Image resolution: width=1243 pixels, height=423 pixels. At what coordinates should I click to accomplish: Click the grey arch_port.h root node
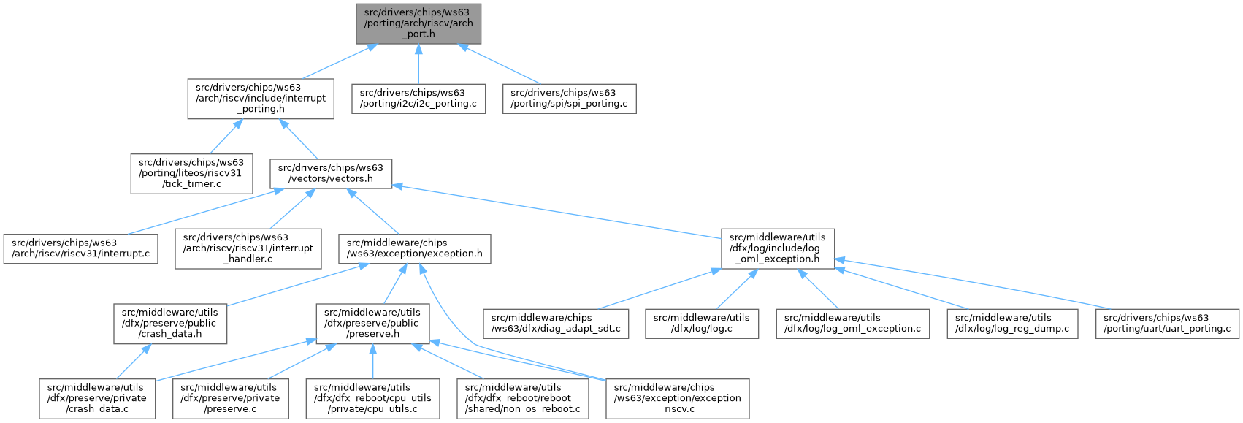tap(418, 23)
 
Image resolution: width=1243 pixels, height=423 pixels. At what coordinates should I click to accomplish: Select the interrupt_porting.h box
tap(261, 99)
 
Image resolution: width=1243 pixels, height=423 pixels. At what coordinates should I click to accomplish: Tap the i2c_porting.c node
tap(418, 99)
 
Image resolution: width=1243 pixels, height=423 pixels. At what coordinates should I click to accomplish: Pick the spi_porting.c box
tap(569, 99)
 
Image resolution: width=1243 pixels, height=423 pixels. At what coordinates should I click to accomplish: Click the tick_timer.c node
tap(191, 173)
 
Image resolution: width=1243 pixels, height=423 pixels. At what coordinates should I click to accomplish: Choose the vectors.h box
tap(331, 173)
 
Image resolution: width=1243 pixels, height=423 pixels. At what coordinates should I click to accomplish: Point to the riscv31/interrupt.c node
tap(80, 248)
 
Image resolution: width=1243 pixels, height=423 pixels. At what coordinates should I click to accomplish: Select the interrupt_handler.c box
tap(248, 248)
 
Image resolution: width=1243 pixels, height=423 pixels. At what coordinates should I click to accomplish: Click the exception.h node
tap(414, 248)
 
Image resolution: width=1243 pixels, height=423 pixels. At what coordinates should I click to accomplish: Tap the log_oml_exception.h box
tap(778, 248)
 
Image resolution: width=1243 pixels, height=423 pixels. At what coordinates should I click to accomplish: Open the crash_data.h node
tap(169, 324)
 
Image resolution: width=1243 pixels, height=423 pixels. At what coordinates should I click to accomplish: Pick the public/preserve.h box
tap(372, 324)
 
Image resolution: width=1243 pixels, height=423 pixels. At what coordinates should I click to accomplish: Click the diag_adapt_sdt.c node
tap(556, 324)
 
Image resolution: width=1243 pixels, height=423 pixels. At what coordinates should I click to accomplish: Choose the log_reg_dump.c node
tap(1011, 324)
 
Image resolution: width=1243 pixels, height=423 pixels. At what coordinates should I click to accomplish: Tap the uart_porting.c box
tap(1166, 324)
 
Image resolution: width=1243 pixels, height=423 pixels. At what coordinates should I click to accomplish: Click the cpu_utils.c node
tap(372, 398)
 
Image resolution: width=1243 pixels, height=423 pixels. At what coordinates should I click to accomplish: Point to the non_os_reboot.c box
tap(523, 398)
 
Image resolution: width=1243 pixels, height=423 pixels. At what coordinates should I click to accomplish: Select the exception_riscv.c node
tap(677, 398)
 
